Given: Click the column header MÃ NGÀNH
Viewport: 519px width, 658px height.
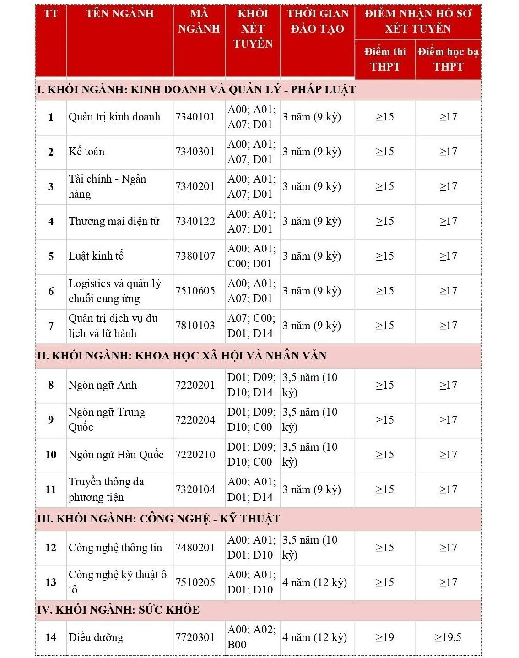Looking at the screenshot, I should pyautogui.click(x=199, y=21).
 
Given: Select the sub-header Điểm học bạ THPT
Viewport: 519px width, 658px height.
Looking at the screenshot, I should pyautogui.click(x=448, y=59).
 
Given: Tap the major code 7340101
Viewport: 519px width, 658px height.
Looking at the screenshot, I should pyautogui.click(x=195, y=117).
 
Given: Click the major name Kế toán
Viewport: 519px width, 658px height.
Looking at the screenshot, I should pyautogui.click(x=86, y=152).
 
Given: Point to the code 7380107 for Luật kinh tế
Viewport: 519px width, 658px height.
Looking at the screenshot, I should pyautogui.click(x=195, y=256).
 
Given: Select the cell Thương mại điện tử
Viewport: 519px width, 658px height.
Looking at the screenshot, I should pyautogui.click(x=114, y=221).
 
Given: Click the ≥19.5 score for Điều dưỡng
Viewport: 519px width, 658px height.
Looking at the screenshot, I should pyautogui.click(x=448, y=637).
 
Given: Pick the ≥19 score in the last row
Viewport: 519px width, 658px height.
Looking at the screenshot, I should pyautogui.click(x=384, y=637).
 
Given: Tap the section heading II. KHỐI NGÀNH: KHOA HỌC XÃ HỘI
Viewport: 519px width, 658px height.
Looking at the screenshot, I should pyautogui.click(x=182, y=355).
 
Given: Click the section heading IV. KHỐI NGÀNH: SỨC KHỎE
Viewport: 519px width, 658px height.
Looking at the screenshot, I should pyautogui.click(x=118, y=609).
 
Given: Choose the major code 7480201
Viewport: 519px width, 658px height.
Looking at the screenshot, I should pyautogui.click(x=195, y=548).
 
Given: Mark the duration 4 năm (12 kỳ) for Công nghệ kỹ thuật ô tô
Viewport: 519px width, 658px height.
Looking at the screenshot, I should pyautogui.click(x=314, y=582).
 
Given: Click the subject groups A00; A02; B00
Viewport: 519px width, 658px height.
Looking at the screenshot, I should pyautogui.click(x=251, y=637).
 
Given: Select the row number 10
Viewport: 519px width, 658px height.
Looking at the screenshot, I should pyautogui.click(x=51, y=455).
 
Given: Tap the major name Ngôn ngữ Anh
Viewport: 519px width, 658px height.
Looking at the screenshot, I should pyautogui.click(x=103, y=385).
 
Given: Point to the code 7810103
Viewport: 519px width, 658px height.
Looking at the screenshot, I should pyautogui.click(x=195, y=326).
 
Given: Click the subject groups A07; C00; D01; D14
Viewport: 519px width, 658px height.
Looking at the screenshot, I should pyautogui.click(x=251, y=326).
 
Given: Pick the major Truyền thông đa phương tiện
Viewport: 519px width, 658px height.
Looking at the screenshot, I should pyautogui.click(x=106, y=489).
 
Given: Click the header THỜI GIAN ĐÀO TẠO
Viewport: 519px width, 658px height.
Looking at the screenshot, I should pyautogui.click(x=317, y=21).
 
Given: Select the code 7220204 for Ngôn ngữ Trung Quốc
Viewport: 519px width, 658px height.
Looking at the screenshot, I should pyautogui.click(x=195, y=420).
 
